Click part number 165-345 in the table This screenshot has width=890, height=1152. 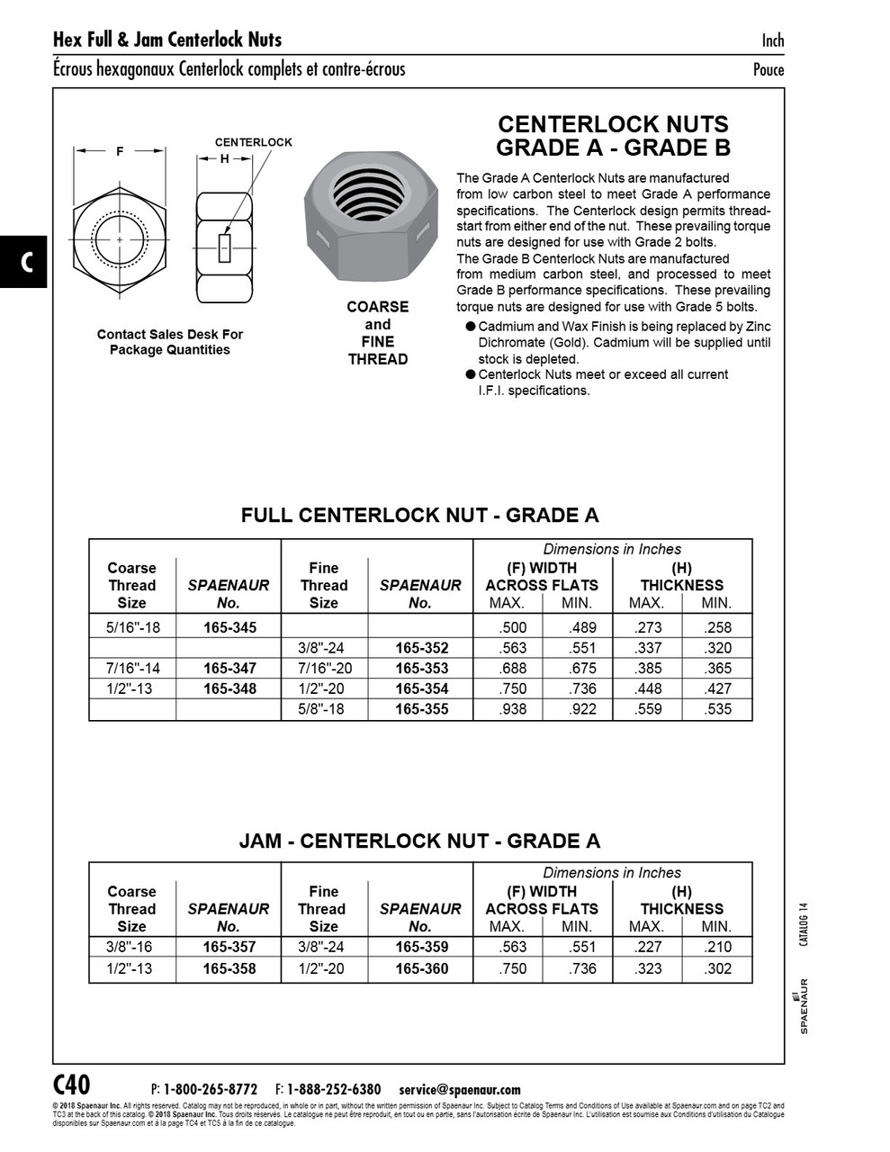pyautogui.click(x=229, y=627)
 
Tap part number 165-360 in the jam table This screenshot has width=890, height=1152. pyautogui.click(x=420, y=968)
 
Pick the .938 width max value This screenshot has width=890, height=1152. pyautogui.click(x=511, y=709)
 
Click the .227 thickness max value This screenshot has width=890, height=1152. pyautogui.click(x=648, y=947)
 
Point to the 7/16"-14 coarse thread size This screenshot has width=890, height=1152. pyautogui.click(x=132, y=668)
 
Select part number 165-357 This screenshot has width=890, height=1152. pyautogui.click(x=229, y=947)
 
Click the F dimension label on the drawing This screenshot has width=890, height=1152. pyautogui.click(x=120, y=152)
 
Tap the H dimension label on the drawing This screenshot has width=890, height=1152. pyautogui.click(x=224, y=158)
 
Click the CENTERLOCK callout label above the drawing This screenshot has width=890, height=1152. pyautogui.click(x=253, y=142)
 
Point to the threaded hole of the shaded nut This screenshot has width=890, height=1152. pyautogui.click(x=368, y=195)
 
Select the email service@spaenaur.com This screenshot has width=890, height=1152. pyautogui.click(x=459, y=1089)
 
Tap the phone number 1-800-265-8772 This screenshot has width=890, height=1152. pyautogui.click(x=211, y=1089)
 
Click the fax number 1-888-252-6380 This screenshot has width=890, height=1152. pyautogui.click(x=333, y=1089)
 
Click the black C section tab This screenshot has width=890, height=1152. pyautogui.click(x=24, y=262)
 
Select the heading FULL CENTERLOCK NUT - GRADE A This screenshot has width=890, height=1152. pyautogui.click(x=419, y=516)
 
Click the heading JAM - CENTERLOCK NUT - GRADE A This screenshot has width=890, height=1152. pyautogui.click(x=419, y=841)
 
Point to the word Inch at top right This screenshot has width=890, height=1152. pyautogui.click(x=772, y=40)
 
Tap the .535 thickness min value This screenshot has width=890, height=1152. pyautogui.click(x=716, y=709)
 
